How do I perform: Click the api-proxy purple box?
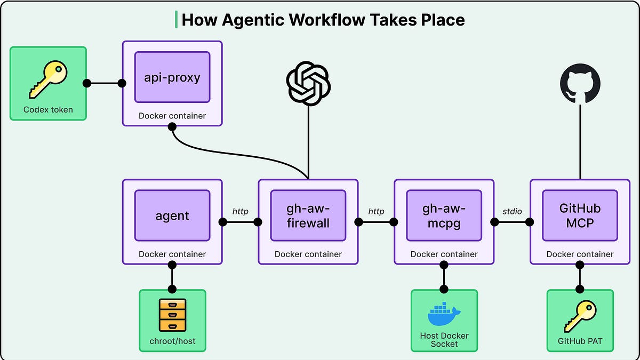tap(172, 77)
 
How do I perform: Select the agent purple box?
tap(172, 215)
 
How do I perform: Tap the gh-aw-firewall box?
tap(308, 215)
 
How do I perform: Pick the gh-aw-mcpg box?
tap(444, 215)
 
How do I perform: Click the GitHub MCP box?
tap(580, 215)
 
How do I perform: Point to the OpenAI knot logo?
tap(308, 83)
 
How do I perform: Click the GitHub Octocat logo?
tap(580, 84)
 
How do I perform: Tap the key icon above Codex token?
tap(48, 79)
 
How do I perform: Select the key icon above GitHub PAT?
tap(580, 316)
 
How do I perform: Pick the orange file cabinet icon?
tap(172, 316)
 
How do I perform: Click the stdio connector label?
tap(512, 212)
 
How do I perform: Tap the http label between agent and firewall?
tap(241, 212)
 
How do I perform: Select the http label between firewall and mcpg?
tap(376, 212)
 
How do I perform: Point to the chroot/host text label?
tap(172, 341)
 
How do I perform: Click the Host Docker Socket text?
tap(444, 340)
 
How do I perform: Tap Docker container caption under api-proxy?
tap(172, 116)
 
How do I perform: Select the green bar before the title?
tap(176, 19)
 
